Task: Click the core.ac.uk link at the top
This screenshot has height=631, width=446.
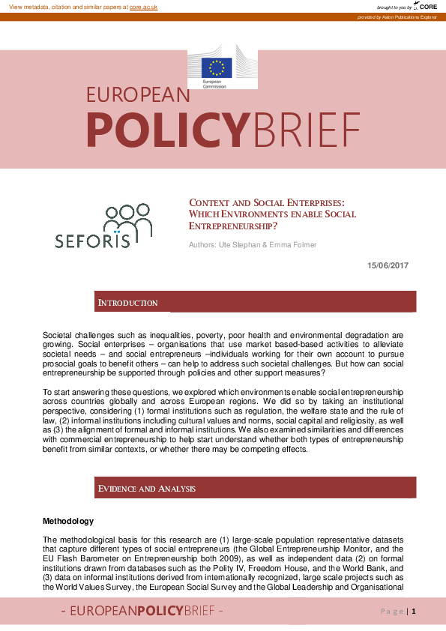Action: click(x=143, y=6)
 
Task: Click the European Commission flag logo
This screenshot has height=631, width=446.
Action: click(x=219, y=67)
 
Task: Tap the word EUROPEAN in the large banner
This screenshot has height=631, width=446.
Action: click(x=138, y=95)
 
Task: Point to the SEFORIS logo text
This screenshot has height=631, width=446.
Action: click(x=92, y=241)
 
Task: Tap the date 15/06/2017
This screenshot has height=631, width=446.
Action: click(x=388, y=265)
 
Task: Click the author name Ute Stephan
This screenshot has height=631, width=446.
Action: click(x=232, y=245)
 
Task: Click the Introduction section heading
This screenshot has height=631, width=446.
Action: click(x=127, y=303)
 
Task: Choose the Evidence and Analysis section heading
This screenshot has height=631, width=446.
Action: click(x=147, y=489)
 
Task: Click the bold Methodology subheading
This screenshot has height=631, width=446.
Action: click(x=68, y=521)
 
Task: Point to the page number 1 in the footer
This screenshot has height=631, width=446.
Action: click(x=413, y=612)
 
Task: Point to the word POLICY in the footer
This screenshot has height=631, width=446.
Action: click(x=156, y=612)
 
